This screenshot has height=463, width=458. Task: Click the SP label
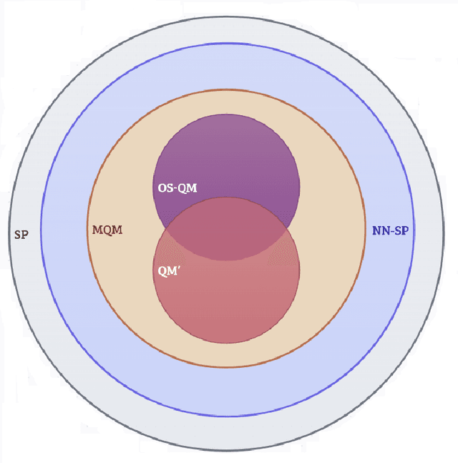coord(21,234)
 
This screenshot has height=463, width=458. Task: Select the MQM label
coord(107,230)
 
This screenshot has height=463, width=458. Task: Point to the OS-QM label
coord(177,187)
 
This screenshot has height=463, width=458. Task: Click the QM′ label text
coord(169,272)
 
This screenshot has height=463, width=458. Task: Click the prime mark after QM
coord(179,268)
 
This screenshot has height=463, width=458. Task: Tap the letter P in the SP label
coord(25,234)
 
